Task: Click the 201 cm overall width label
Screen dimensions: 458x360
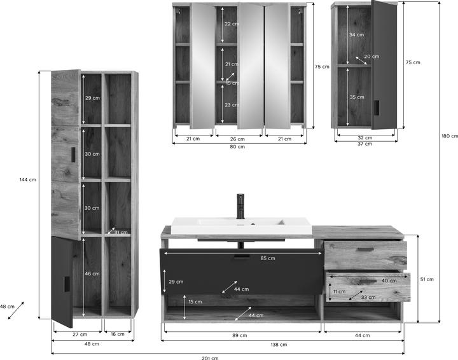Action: point(210,357)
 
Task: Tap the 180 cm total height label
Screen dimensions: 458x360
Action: point(450,136)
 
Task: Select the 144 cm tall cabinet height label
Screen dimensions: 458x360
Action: point(28,180)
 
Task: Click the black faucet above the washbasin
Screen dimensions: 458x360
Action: point(240,206)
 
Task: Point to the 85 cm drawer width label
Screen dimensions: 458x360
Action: point(268,258)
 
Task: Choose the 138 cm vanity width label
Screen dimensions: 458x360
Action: point(279,345)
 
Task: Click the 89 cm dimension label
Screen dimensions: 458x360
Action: point(240,335)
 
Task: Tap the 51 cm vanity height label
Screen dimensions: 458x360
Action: point(427,279)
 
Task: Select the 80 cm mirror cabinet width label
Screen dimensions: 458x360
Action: point(237,146)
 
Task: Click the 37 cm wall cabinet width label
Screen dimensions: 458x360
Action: point(365,144)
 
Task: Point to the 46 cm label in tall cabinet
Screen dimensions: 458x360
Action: point(92,273)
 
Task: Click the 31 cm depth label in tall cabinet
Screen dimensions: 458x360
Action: point(121,232)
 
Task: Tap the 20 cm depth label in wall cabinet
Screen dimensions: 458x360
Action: point(371,57)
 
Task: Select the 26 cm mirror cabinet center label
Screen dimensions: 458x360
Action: point(237,139)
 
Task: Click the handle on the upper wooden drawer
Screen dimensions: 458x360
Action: point(365,249)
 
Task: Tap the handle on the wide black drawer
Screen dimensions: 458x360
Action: point(242,256)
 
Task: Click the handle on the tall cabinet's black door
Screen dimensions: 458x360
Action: point(67,284)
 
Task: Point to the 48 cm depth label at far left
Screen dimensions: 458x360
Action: point(7,307)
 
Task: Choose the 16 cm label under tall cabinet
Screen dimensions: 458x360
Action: point(118,334)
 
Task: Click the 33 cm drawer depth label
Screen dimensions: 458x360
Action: point(368,297)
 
